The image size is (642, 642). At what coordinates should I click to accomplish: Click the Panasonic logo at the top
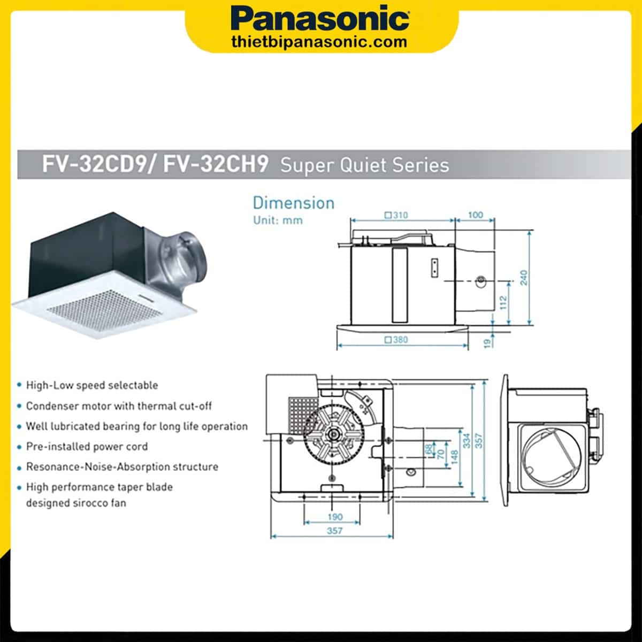point(320,19)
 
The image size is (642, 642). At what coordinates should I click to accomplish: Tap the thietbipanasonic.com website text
point(319,42)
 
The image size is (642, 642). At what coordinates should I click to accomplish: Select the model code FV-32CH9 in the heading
point(216,164)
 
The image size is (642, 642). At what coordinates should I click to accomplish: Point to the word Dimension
point(293,203)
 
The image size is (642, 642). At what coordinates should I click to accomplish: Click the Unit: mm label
point(278,220)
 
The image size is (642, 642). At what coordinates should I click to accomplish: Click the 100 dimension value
point(475,215)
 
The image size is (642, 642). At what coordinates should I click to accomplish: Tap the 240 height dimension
point(524,278)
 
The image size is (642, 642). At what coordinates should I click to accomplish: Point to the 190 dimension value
point(335,517)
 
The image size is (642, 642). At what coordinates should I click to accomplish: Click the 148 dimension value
point(454,456)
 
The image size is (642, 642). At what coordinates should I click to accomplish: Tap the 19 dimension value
point(487,342)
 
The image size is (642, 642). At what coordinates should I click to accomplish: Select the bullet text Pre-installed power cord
point(87,447)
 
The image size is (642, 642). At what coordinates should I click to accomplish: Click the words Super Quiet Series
point(364,165)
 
